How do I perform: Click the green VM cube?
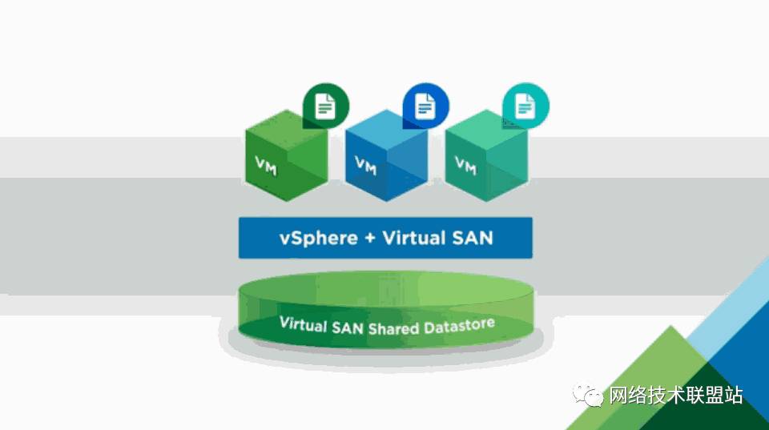point(287,156)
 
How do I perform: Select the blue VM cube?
point(386,156)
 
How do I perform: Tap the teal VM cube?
point(486,156)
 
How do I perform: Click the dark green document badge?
point(326,106)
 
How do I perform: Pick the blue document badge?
point(425,106)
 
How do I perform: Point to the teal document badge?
point(525,106)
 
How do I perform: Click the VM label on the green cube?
point(266,166)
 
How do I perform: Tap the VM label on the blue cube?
point(366,166)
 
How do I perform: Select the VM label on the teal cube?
point(466,166)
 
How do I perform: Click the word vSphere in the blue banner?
point(318,239)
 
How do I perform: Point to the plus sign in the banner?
point(370,239)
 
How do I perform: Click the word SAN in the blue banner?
point(473,238)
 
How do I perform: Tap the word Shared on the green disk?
point(393,328)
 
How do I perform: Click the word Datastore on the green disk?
point(459,326)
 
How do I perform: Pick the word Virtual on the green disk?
point(303,324)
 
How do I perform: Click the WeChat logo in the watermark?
point(587,395)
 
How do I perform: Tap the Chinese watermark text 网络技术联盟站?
point(676,396)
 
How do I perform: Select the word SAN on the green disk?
point(347,328)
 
